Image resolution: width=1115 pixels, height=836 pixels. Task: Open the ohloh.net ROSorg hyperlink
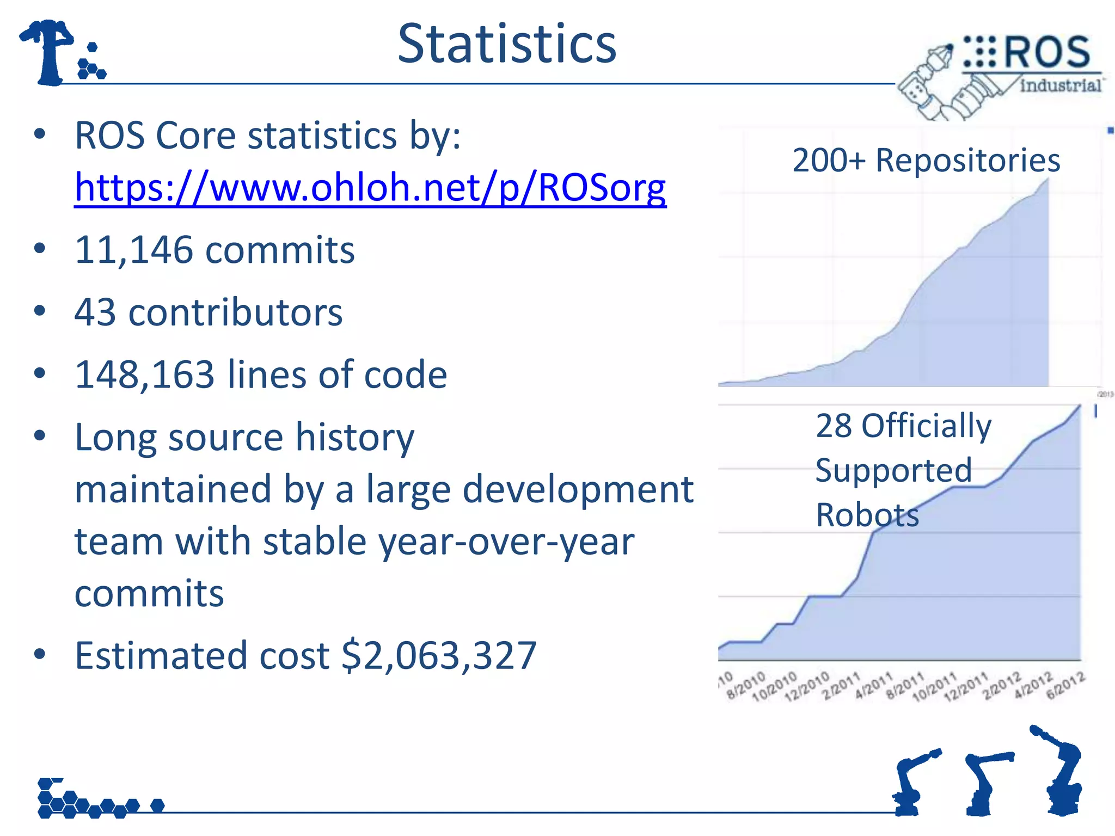click(370, 187)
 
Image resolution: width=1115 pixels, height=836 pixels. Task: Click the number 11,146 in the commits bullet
click(134, 250)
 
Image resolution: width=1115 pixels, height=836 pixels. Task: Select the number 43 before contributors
click(95, 312)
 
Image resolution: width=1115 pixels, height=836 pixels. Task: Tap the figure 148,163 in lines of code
click(145, 374)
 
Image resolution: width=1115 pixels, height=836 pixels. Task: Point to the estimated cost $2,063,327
click(439, 655)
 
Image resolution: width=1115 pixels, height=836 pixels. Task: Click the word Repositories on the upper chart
click(967, 161)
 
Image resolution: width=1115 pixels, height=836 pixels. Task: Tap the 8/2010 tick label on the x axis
click(746, 685)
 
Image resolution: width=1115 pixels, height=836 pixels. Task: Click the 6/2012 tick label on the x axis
click(1066, 685)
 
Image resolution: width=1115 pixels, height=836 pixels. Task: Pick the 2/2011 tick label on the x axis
click(842, 685)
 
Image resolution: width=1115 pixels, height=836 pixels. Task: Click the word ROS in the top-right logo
click(1046, 53)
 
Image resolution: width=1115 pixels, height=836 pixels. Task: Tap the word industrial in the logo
click(1060, 85)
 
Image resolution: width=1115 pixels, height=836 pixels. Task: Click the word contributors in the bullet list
click(235, 312)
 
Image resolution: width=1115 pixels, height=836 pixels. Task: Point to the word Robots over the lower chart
click(867, 515)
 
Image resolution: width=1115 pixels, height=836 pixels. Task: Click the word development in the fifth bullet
click(578, 489)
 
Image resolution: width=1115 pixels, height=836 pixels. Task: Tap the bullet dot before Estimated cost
click(39, 654)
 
